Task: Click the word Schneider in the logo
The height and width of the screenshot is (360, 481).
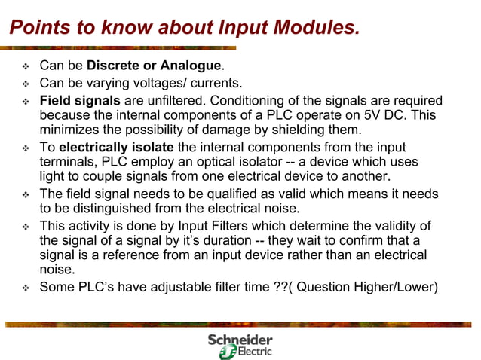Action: coord(240,340)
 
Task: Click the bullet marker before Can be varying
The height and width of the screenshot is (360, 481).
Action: coord(25,84)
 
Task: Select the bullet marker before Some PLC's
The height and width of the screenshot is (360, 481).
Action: coord(25,288)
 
